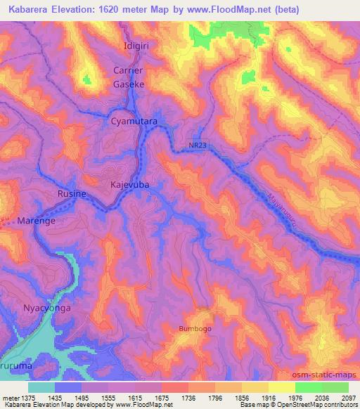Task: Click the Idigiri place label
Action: tap(128, 45)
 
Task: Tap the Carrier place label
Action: tap(128, 70)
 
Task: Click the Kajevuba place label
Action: tap(130, 185)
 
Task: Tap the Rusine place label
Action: tap(72, 194)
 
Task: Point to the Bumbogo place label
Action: tap(195, 328)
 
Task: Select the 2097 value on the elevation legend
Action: tap(347, 397)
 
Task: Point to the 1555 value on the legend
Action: tap(92, 397)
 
